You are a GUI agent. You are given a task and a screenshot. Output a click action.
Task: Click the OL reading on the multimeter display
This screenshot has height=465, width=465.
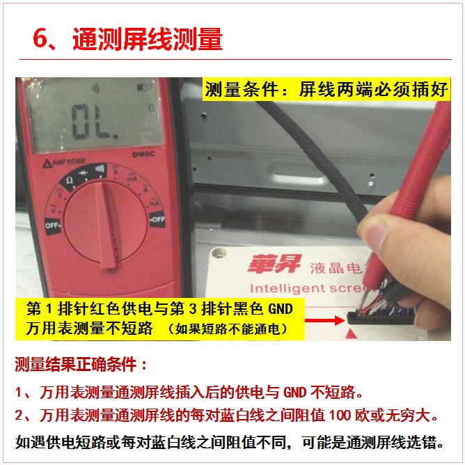tap(95, 122)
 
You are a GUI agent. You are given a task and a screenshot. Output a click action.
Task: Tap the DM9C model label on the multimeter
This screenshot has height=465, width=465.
tap(143, 155)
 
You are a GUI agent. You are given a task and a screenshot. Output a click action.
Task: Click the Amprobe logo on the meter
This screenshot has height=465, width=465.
tap(64, 162)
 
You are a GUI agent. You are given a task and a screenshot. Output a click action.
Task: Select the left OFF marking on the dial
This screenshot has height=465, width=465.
tap(53, 226)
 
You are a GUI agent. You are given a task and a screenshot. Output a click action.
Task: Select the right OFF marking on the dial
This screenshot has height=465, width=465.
tap(157, 219)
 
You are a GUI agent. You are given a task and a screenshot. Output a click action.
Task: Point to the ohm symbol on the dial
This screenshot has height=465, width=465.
tap(70, 180)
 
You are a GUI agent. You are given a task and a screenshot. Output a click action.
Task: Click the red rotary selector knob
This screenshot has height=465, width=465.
tap(106, 223)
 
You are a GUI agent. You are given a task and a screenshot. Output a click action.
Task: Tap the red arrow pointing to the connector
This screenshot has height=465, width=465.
tap(324, 320)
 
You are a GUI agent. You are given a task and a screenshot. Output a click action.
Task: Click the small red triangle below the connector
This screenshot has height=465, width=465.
tap(352, 334)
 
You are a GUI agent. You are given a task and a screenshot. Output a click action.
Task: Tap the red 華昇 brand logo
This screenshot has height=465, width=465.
tap(274, 263)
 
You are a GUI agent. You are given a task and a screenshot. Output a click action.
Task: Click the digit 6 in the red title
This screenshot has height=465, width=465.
tap(40, 38)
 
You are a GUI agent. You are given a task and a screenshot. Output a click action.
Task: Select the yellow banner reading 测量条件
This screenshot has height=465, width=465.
tap(326, 89)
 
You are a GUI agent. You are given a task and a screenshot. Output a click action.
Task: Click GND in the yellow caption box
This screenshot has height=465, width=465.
tap(281, 308)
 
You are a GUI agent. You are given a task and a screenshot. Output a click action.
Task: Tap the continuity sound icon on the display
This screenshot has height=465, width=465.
tap(95, 88)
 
